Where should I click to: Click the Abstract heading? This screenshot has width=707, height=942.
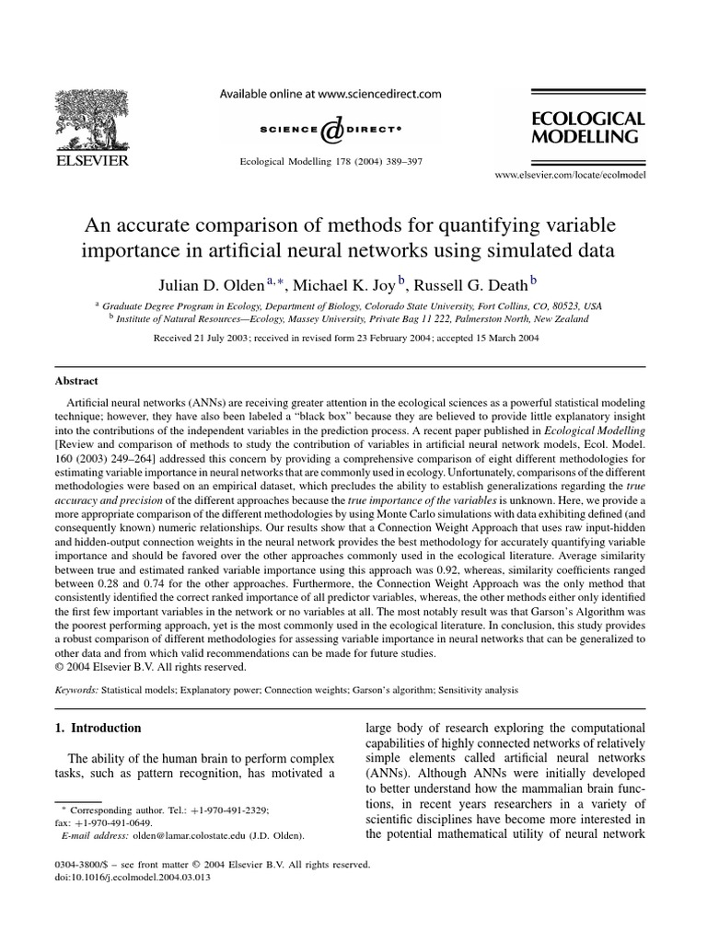tap(76, 380)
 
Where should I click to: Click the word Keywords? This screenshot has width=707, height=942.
tap(73, 689)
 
